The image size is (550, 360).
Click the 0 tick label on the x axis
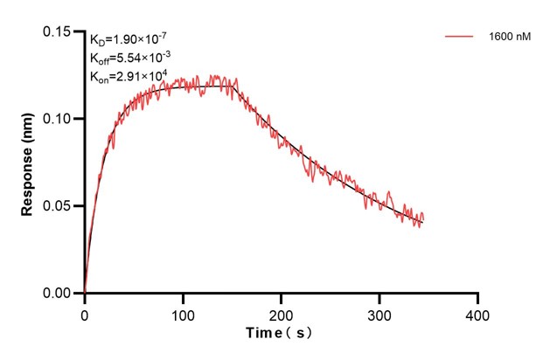[85, 312]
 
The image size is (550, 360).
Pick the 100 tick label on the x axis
[183, 312]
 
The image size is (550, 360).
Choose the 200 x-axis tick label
[281, 312]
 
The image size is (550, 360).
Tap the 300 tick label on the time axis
[379, 312]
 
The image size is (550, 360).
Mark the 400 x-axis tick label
[477, 312]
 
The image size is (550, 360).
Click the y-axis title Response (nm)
[28, 163]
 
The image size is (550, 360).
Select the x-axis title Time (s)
[280, 334]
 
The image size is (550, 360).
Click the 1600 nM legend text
[509, 37]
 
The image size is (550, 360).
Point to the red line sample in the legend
[459, 37]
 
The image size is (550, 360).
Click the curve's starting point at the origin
[85, 292]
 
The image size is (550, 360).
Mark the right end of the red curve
[423, 219]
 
